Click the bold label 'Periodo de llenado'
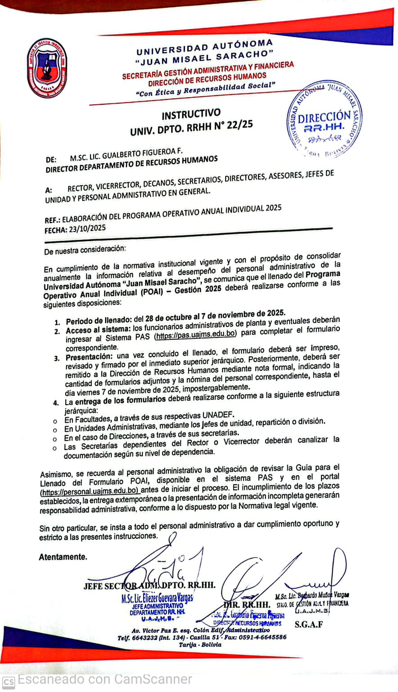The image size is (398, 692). tap(98, 321)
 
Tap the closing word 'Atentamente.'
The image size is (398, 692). tap(63, 557)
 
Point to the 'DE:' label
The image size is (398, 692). tap(51, 160)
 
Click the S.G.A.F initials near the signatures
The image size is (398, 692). tap(308, 624)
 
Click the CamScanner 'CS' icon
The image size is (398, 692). tap(9, 682)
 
